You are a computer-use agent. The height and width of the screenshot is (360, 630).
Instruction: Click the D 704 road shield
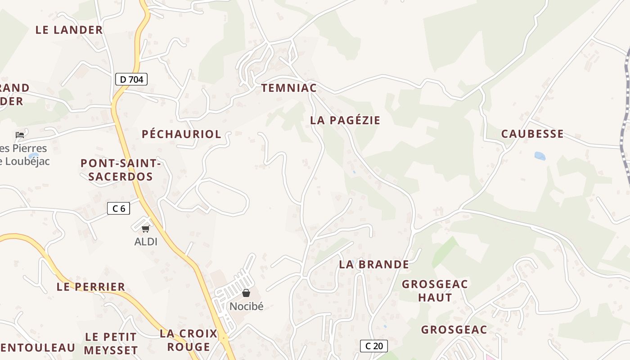click(131, 80)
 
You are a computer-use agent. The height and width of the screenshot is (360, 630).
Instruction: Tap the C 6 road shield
click(119, 208)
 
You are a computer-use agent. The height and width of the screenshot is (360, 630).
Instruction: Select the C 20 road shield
click(374, 346)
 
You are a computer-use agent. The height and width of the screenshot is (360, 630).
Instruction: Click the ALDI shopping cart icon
click(145, 229)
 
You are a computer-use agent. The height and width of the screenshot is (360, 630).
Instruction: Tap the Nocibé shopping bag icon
click(246, 293)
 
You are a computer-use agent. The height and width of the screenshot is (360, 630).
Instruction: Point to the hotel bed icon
click(19, 135)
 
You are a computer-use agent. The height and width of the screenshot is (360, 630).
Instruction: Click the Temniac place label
click(289, 88)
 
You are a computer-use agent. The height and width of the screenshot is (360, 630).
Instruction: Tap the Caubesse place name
click(532, 134)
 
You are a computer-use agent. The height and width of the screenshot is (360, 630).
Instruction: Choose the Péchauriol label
click(181, 134)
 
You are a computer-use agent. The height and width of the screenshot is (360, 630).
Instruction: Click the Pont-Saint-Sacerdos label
click(121, 170)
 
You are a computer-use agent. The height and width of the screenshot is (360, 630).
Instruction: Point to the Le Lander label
click(69, 30)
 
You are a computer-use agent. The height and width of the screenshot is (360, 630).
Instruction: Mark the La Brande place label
click(374, 264)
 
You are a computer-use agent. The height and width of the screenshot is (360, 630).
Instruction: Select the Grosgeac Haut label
click(435, 291)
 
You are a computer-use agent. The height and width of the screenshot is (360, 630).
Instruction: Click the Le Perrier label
click(91, 287)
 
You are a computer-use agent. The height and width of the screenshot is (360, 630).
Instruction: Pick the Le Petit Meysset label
click(111, 343)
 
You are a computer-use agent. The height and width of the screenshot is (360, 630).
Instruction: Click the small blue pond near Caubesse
click(540, 156)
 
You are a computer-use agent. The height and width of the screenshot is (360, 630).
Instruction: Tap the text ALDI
click(146, 242)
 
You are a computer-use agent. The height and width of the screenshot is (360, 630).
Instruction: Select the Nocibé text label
click(246, 306)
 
